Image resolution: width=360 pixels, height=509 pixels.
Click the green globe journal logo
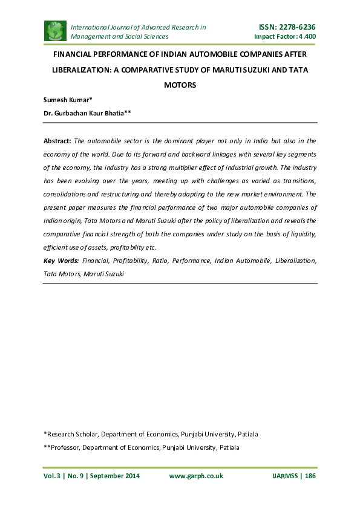click(55, 31)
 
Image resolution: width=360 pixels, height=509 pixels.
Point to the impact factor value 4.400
click(304, 37)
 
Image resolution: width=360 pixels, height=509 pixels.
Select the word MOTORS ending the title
click(180, 85)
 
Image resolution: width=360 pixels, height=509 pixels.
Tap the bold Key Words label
click(61, 260)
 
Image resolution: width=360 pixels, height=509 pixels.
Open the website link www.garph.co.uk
click(196, 476)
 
